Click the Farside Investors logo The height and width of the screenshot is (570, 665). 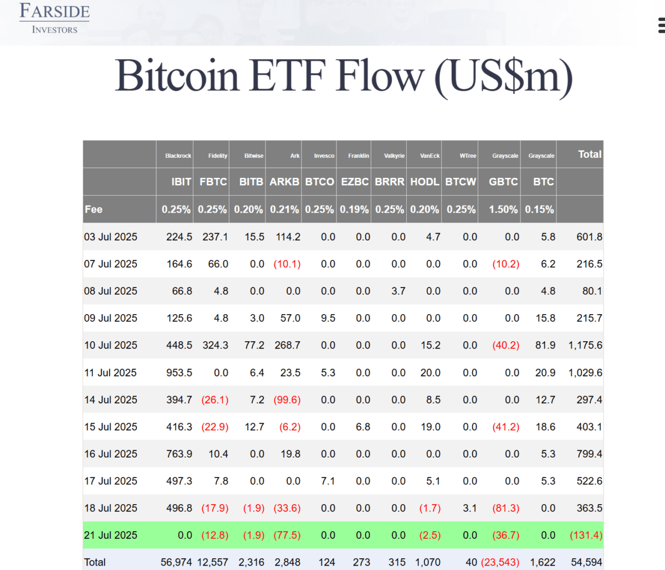tap(54, 19)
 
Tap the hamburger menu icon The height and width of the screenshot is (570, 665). tap(661, 26)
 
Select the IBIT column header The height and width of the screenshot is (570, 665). tap(181, 182)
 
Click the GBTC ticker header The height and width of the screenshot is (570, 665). tap(503, 182)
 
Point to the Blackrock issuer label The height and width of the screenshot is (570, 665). tap(178, 156)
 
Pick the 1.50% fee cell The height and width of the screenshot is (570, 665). tap(503, 209)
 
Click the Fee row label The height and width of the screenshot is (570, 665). tap(94, 209)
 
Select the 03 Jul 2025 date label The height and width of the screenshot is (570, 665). tap(111, 237)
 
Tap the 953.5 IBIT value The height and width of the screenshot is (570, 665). tap(179, 373)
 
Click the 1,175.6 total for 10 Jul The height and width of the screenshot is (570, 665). tap(585, 345)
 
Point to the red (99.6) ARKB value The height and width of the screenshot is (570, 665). tap(287, 400)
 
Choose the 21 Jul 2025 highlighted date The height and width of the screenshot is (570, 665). tap(111, 535)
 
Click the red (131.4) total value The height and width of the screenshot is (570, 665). tap(586, 535)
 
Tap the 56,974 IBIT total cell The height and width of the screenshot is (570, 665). tap(176, 562)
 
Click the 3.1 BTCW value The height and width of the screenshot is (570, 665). tap(470, 508)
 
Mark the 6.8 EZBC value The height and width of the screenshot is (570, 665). tap(363, 427)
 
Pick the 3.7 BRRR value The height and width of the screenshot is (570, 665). tap(398, 291)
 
